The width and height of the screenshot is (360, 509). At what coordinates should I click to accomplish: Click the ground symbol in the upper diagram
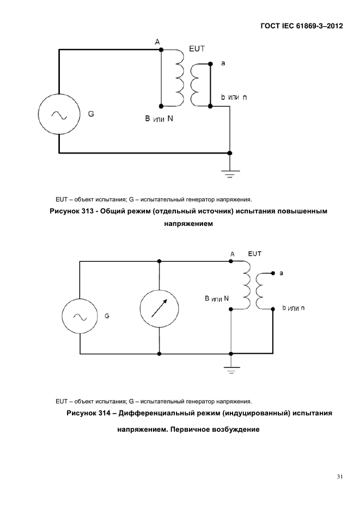click(x=230, y=174)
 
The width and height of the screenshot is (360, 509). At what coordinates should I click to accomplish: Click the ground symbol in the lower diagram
click(x=231, y=370)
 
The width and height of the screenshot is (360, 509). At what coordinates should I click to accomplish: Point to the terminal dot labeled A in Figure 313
click(x=161, y=50)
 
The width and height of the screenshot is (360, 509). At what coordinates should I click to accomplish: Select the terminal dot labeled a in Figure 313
click(x=210, y=64)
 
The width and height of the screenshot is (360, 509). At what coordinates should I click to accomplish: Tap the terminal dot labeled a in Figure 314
click(x=273, y=273)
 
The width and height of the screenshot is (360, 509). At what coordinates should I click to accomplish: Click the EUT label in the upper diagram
click(x=197, y=48)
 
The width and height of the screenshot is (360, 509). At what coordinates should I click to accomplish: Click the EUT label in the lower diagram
click(x=254, y=254)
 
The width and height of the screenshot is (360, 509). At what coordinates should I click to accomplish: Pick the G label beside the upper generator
click(x=91, y=114)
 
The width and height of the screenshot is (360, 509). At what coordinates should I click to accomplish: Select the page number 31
click(x=340, y=477)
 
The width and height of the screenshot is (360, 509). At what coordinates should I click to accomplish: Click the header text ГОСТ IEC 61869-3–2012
click(x=302, y=26)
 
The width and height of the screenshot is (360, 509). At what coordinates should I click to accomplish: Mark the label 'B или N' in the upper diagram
click(x=159, y=119)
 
